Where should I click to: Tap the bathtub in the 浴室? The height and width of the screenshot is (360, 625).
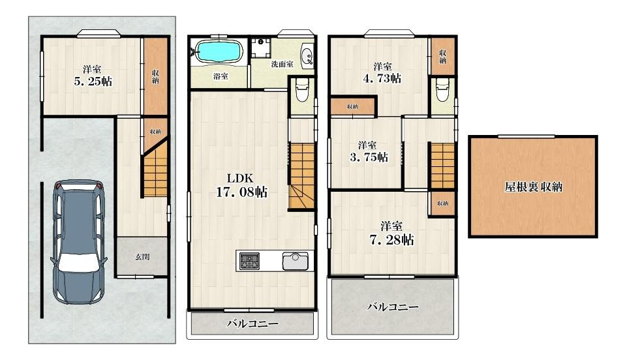(x=219, y=50)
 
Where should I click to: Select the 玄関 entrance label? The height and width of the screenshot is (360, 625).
(x=142, y=257)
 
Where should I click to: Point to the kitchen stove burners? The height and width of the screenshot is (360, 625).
(x=249, y=261)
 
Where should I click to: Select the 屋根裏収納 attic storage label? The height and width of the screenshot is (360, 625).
(x=533, y=187)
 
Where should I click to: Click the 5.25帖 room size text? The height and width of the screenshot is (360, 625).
(x=91, y=82)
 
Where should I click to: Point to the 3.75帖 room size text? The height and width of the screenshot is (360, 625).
(x=367, y=157)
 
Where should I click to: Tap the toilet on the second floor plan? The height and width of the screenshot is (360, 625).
(x=301, y=91)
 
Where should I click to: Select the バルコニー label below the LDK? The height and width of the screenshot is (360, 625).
(x=252, y=323)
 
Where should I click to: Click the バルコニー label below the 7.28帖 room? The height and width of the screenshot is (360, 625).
(x=391, y=306)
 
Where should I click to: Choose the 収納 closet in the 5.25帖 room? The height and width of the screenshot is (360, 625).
(x=155, y=76)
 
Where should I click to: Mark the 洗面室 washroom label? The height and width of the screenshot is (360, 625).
(x=282, y=64)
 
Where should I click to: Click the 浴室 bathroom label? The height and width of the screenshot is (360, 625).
(x=220, y=76)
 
